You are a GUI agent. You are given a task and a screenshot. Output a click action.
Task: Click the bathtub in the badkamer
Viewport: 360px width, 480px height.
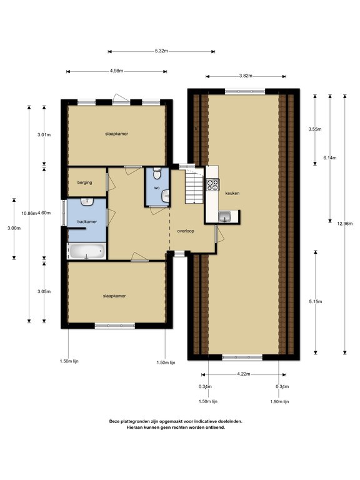(87, 251)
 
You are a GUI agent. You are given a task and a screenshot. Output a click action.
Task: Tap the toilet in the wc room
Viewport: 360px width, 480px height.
(156, 174)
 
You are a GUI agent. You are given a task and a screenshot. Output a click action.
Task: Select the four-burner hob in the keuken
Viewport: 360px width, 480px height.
(212, 184)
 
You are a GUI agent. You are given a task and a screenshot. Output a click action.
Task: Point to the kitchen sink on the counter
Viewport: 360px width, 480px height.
(224, 217)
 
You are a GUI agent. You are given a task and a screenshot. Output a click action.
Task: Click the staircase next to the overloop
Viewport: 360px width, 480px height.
(194, 186)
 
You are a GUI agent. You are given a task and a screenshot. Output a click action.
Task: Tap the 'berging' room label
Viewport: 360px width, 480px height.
(85, 182)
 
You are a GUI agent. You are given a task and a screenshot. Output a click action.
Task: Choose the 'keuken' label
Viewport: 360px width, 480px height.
(232, 193)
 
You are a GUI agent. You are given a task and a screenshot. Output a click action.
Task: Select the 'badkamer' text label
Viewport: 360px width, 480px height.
(86, 221)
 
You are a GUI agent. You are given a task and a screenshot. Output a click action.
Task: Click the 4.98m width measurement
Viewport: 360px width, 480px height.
(116, 71)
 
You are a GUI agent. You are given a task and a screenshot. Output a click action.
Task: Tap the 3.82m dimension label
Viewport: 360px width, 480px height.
(246, 76)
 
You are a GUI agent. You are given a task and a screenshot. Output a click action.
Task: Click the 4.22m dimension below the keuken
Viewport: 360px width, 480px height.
(244, 374)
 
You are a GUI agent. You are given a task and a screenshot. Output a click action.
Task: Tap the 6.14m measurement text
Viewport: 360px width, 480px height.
(329, 158)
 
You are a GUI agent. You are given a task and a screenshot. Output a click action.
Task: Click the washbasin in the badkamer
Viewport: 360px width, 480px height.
(87, 202)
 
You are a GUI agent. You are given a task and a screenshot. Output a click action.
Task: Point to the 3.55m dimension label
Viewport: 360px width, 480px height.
(315, 129)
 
